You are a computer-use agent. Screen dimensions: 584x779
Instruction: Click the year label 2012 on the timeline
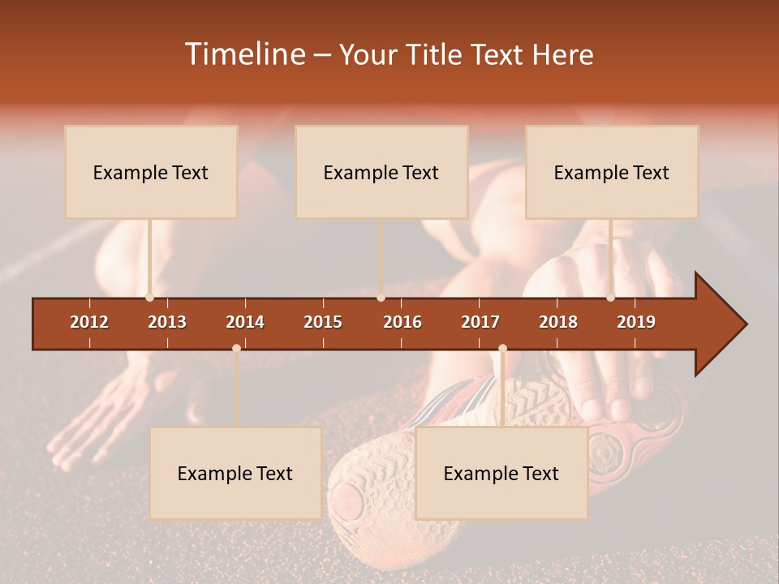tap(89, 322)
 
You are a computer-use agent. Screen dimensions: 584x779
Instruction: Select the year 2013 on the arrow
tap(167, 322)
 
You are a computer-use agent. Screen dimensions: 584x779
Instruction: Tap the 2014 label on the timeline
tap(245, 322)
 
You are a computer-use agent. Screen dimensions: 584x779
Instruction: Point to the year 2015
tap(323, 322)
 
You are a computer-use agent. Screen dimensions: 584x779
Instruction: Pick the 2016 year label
tap(402, 322)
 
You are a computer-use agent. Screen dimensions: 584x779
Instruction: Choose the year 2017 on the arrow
tap(480, 322)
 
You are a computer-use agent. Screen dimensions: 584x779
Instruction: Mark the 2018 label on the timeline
tap(558, 322)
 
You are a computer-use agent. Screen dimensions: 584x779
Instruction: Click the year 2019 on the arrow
tap(636, 322)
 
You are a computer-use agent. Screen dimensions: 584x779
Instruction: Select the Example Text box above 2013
tap(151, 172)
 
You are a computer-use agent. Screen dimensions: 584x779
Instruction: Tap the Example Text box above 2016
tap(381, 172)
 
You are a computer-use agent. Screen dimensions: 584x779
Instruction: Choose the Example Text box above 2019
tap(612, 172)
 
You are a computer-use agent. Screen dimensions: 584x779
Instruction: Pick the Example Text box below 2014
tap(235, 473)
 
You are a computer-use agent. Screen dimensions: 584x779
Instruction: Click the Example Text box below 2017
tap(501, 473)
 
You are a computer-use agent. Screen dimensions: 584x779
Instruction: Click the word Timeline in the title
tap(244, 54)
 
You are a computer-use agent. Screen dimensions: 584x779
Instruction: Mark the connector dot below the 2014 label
tap(236, 349)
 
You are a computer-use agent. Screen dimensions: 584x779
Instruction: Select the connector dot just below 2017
tap(502, 349)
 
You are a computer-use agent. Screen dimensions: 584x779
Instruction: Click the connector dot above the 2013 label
tap(149, 298)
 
